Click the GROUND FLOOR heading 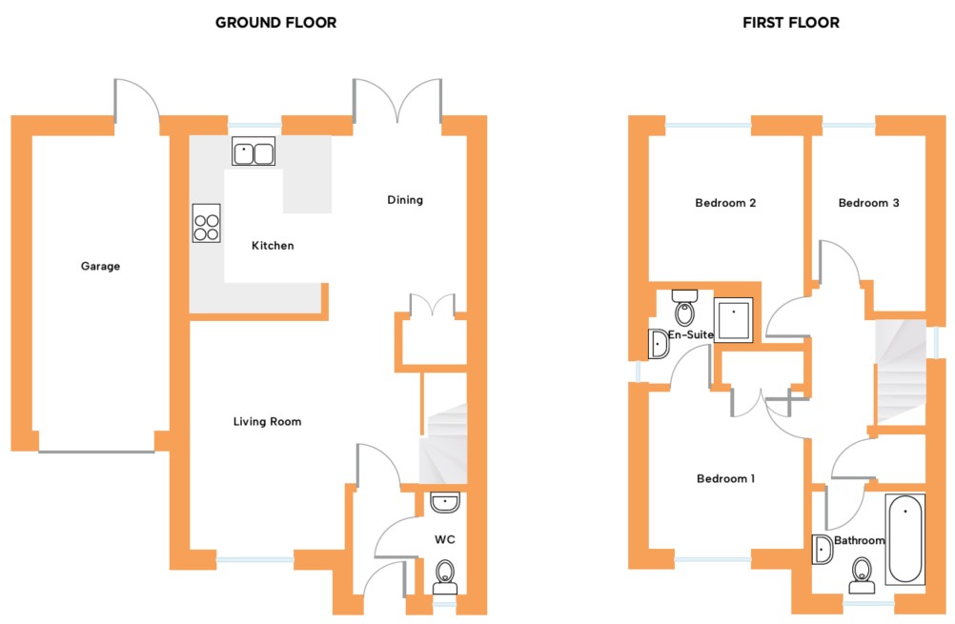point(275,23)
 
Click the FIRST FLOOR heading point(790,23)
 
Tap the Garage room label point(100,266)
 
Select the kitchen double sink point(254,151)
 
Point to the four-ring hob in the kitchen point(207,224)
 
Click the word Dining point(405,200)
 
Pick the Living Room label point(268,421)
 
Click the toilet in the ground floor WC point(444,576)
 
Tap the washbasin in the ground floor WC point(444,502)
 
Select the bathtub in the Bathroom point(905,539)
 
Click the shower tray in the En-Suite point(733,319)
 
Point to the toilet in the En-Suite point(684,308)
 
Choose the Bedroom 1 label point(725,478)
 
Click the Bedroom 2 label point(725,203)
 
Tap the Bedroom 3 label point(868,203)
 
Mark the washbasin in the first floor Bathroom point(823,549)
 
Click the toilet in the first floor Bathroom point(862,575)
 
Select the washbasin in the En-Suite point(659,344)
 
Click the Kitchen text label point(273,246)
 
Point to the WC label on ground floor point(444,539)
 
